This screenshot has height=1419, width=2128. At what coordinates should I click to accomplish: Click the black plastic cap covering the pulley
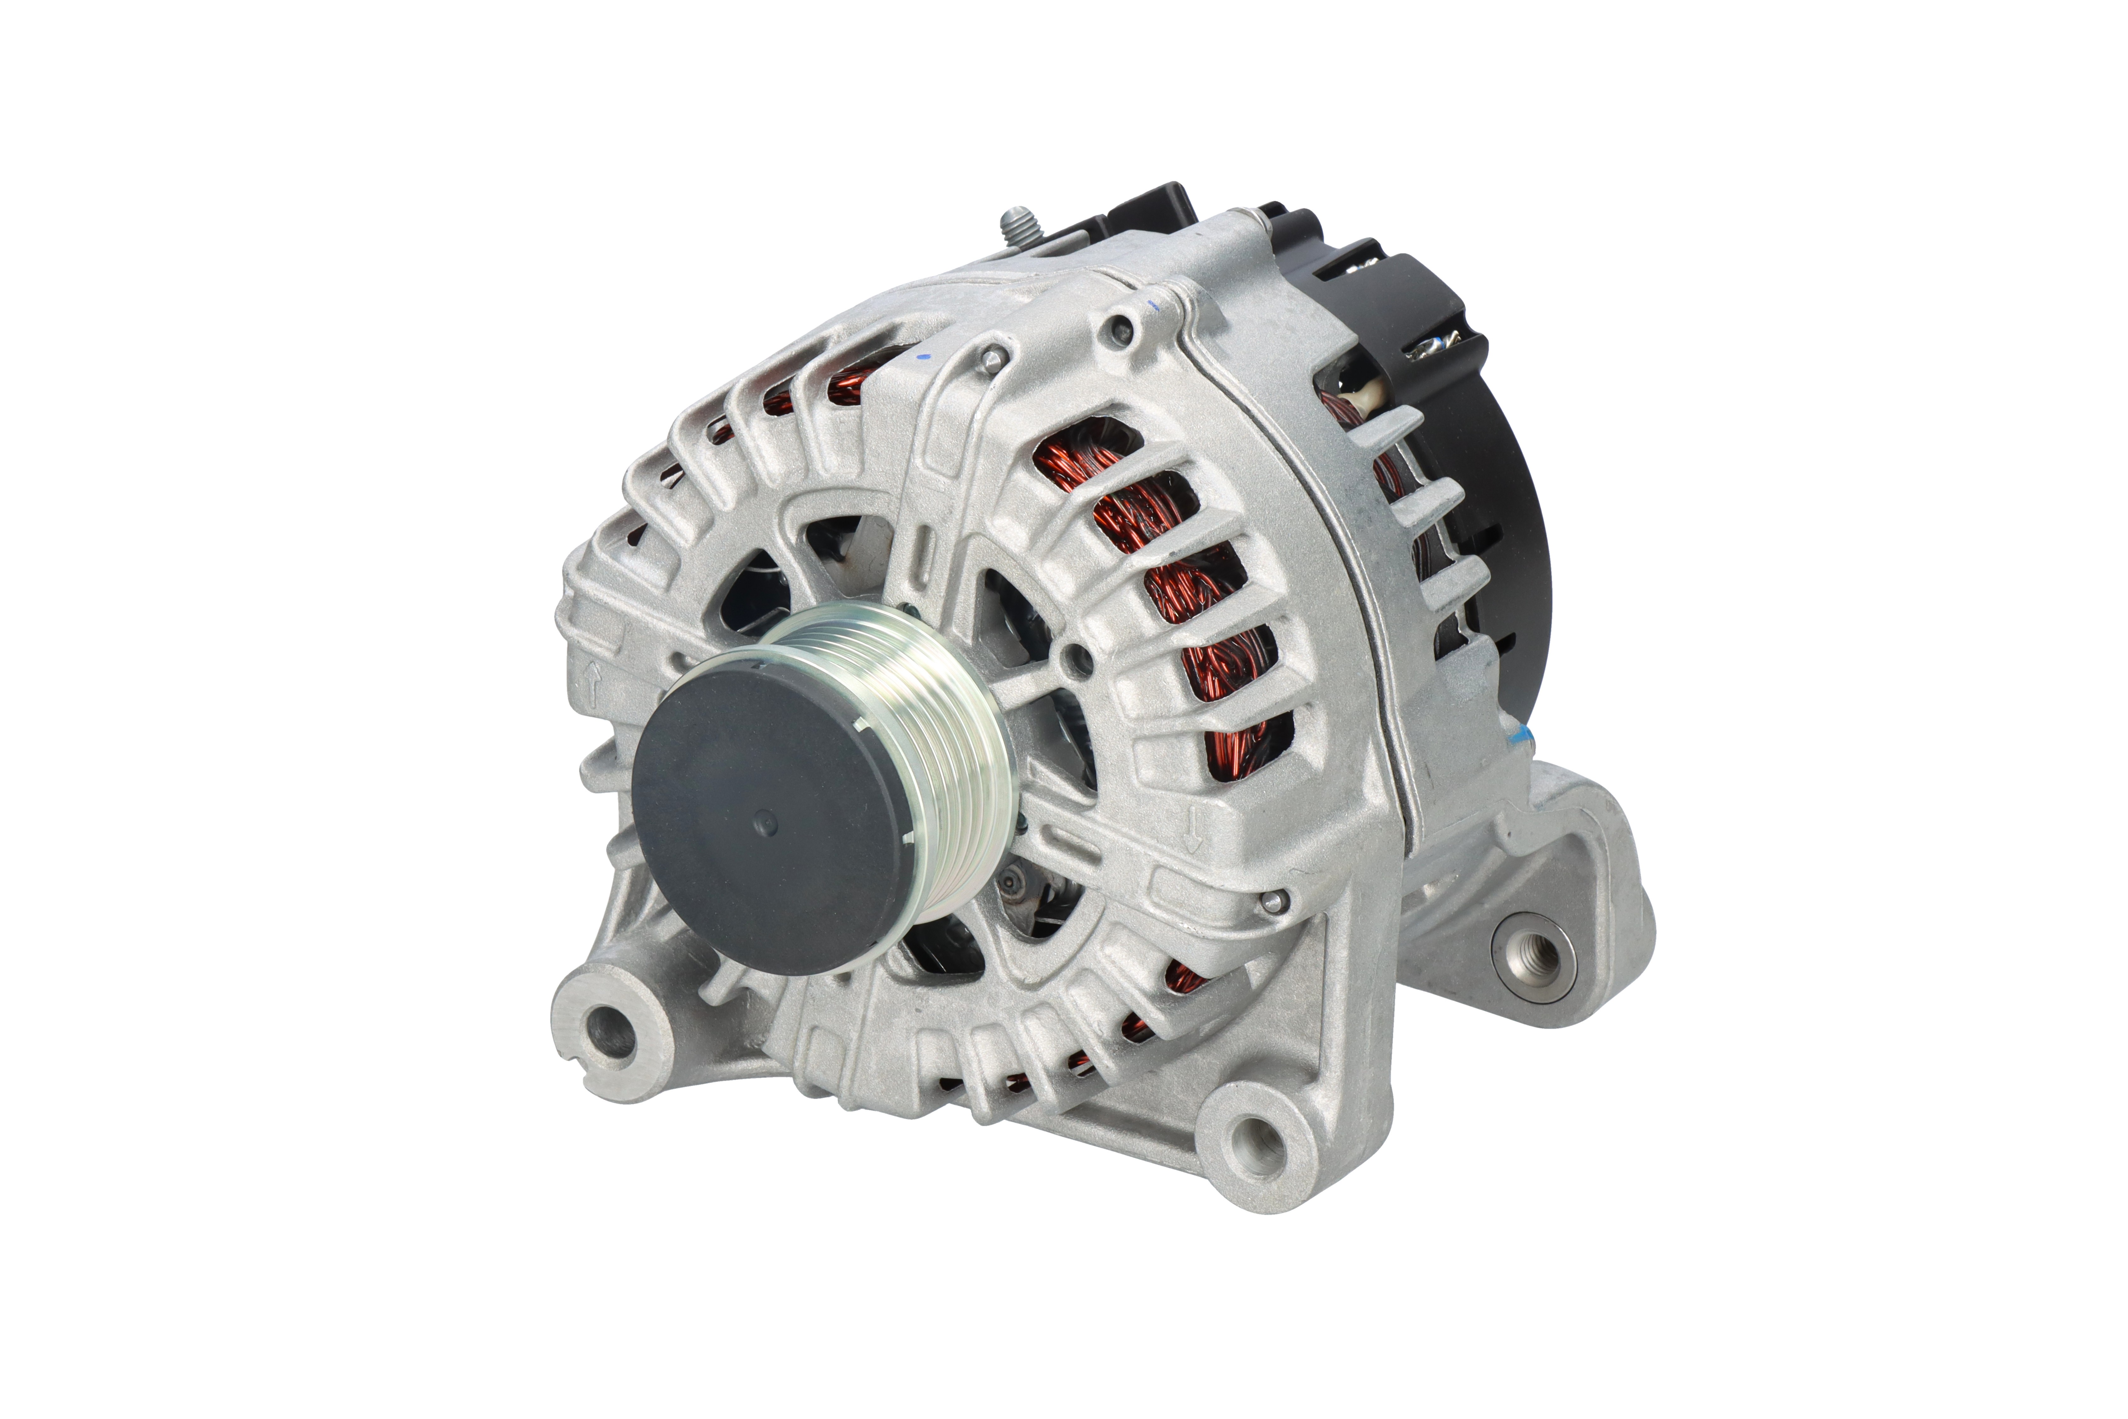click(769, 814)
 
